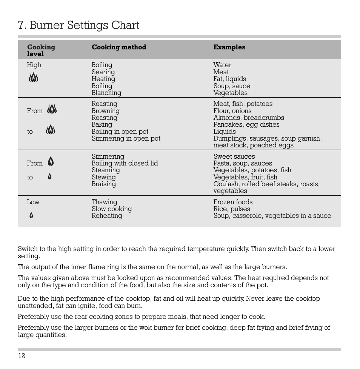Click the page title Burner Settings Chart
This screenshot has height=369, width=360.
(x=78, y=25)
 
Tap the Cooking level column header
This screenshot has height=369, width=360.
(x=41, y=51)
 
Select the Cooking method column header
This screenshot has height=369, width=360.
(x=119, y=47)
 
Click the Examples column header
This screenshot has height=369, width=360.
(x=229, y=47)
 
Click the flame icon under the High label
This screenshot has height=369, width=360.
(x=33, y=78)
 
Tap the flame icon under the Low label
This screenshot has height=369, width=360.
(x=31, y=216)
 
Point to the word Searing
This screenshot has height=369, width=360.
(x=103, y=72)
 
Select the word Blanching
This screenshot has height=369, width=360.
(x=106, y=93)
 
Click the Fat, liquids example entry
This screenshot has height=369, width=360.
(x=229, y=79)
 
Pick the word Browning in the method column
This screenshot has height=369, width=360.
(x=105, y=111)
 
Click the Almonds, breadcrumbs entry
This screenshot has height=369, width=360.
(x=248, y=118)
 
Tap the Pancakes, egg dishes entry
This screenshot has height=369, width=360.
(x=246, y=124)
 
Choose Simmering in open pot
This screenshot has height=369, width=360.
(x=126, y=138)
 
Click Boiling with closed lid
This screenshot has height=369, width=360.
(x=125, y=163)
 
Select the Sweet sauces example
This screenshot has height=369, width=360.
(x=234, y=156)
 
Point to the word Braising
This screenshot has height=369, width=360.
(x=104, y=184)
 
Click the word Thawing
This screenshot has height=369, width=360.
(x=104, y=202)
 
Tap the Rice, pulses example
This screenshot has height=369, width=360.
(x=231, y=209)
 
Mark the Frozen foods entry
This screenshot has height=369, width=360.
(x=233, y=202)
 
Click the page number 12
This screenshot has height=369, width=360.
(x=22, y=356)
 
